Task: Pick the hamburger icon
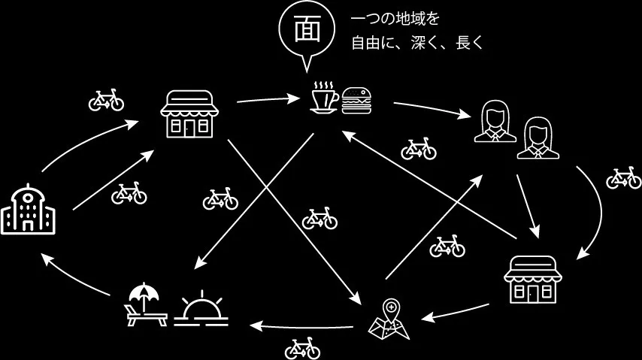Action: pos(357,100)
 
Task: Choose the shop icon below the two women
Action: pos(531,278)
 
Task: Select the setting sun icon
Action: pos(201,311)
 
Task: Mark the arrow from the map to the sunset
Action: pos(301,325)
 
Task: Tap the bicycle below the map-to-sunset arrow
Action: pos(302,348)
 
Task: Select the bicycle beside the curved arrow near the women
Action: pos(624,178)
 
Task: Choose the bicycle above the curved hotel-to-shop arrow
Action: pos(106,100)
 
